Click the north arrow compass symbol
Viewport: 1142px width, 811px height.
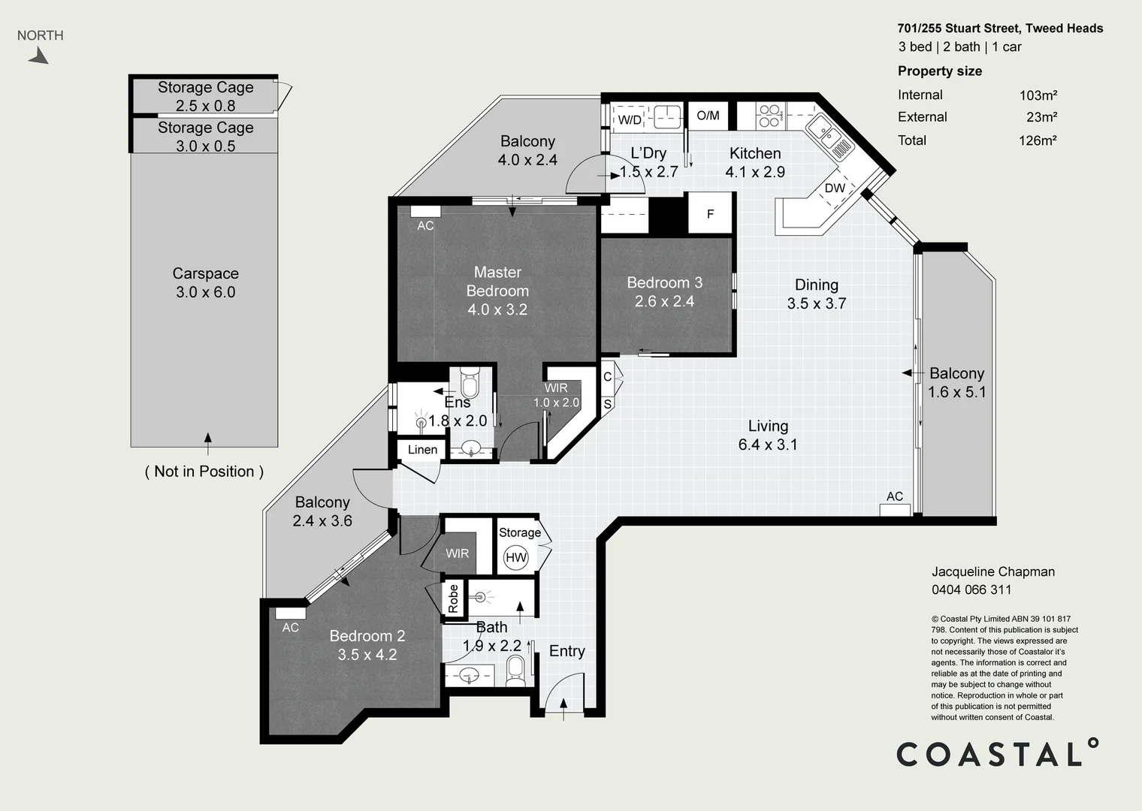coord(39,56)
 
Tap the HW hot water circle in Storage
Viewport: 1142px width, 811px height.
coord(516,557)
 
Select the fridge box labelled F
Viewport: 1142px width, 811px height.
coord(710,214)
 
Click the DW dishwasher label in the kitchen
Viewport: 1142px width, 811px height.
coord(835,188)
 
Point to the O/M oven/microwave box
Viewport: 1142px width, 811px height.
coord(708,116)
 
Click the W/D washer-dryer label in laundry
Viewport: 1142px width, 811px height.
coord(630,120)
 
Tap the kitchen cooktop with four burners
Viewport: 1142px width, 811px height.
coord(769,116)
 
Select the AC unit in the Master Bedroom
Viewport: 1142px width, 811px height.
coord(425,212)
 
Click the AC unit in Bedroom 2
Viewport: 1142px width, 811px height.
coord(290,614)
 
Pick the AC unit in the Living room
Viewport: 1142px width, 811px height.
coord(895,509)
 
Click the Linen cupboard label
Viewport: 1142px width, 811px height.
coord(422,450)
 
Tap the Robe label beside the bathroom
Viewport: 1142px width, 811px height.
coord(453,598)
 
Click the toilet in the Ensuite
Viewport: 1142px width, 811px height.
coord(470,384)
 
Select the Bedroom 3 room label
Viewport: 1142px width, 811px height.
coord(664,283)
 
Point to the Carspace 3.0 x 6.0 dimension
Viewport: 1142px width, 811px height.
coord(205,293)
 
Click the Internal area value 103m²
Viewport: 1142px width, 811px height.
coord(1038,95)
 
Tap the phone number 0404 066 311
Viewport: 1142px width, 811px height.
coord(971,590)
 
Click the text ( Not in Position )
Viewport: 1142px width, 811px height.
coord(204,472)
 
